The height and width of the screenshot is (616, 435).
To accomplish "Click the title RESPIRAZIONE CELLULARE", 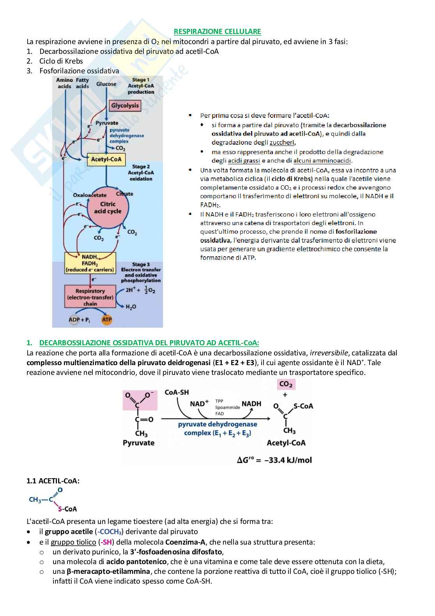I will [217, 32].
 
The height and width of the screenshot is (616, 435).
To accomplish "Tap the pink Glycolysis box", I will [125, 105].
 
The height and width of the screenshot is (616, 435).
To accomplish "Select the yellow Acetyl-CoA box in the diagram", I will [106, 159].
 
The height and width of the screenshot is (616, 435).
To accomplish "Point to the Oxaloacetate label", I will [90, 195].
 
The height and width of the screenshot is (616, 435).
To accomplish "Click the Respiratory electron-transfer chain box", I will [90, 297].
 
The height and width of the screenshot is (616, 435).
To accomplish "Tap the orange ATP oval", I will [107, 320].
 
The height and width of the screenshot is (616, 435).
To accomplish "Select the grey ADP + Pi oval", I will [79, 320].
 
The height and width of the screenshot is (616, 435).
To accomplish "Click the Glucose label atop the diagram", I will [106, 84].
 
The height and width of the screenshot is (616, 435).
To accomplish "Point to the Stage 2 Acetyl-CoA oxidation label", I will [141, 172].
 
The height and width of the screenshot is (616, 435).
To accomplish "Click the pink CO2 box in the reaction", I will [286, 384].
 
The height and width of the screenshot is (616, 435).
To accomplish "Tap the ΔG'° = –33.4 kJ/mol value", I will [274, 460].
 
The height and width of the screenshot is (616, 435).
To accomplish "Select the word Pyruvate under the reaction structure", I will [138, 443].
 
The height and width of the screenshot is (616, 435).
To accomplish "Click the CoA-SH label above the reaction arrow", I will [177, 392].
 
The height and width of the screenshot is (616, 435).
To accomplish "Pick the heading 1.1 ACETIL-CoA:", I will [53, 481].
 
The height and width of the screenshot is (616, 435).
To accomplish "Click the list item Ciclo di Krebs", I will [61, 61].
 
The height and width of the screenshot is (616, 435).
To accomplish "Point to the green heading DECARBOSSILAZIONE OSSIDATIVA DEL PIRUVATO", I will [149, 343].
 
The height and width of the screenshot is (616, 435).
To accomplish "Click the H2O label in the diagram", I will [131, 307].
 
